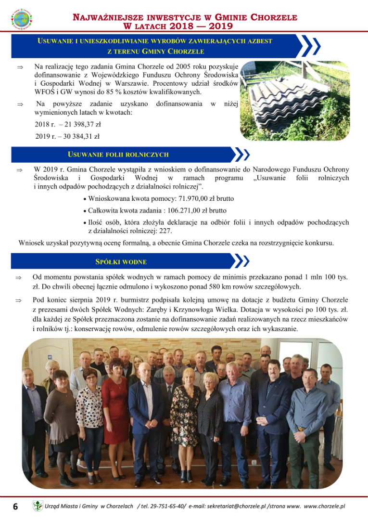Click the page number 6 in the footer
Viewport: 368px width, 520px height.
pos(15,507)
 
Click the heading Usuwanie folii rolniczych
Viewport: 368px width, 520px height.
pos(118,155)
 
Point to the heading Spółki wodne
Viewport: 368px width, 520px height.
pos(121,262)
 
